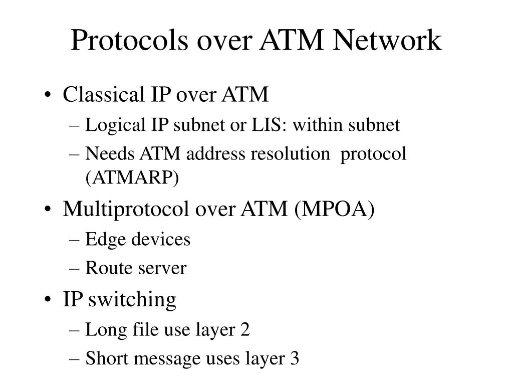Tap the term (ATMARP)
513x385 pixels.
click(x=132, y=177)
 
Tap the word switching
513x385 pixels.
click(x=132, y=300)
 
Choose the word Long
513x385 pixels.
click(x=103, y=330)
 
